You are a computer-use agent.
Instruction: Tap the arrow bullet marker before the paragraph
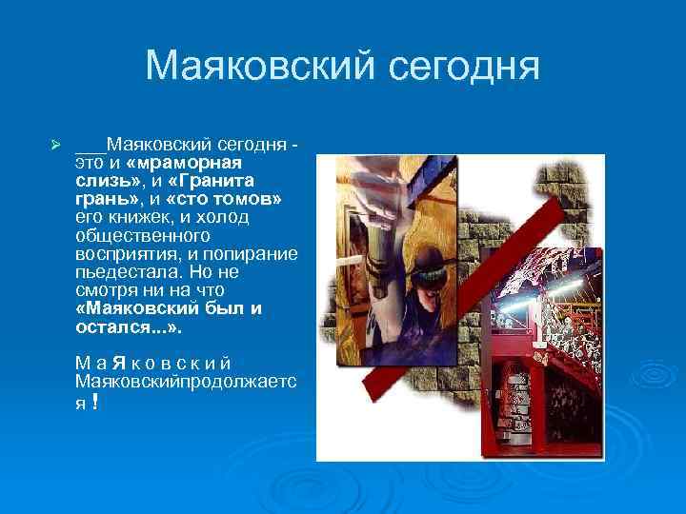coord(55,145)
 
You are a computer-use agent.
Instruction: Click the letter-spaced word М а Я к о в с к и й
coord(152,363)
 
